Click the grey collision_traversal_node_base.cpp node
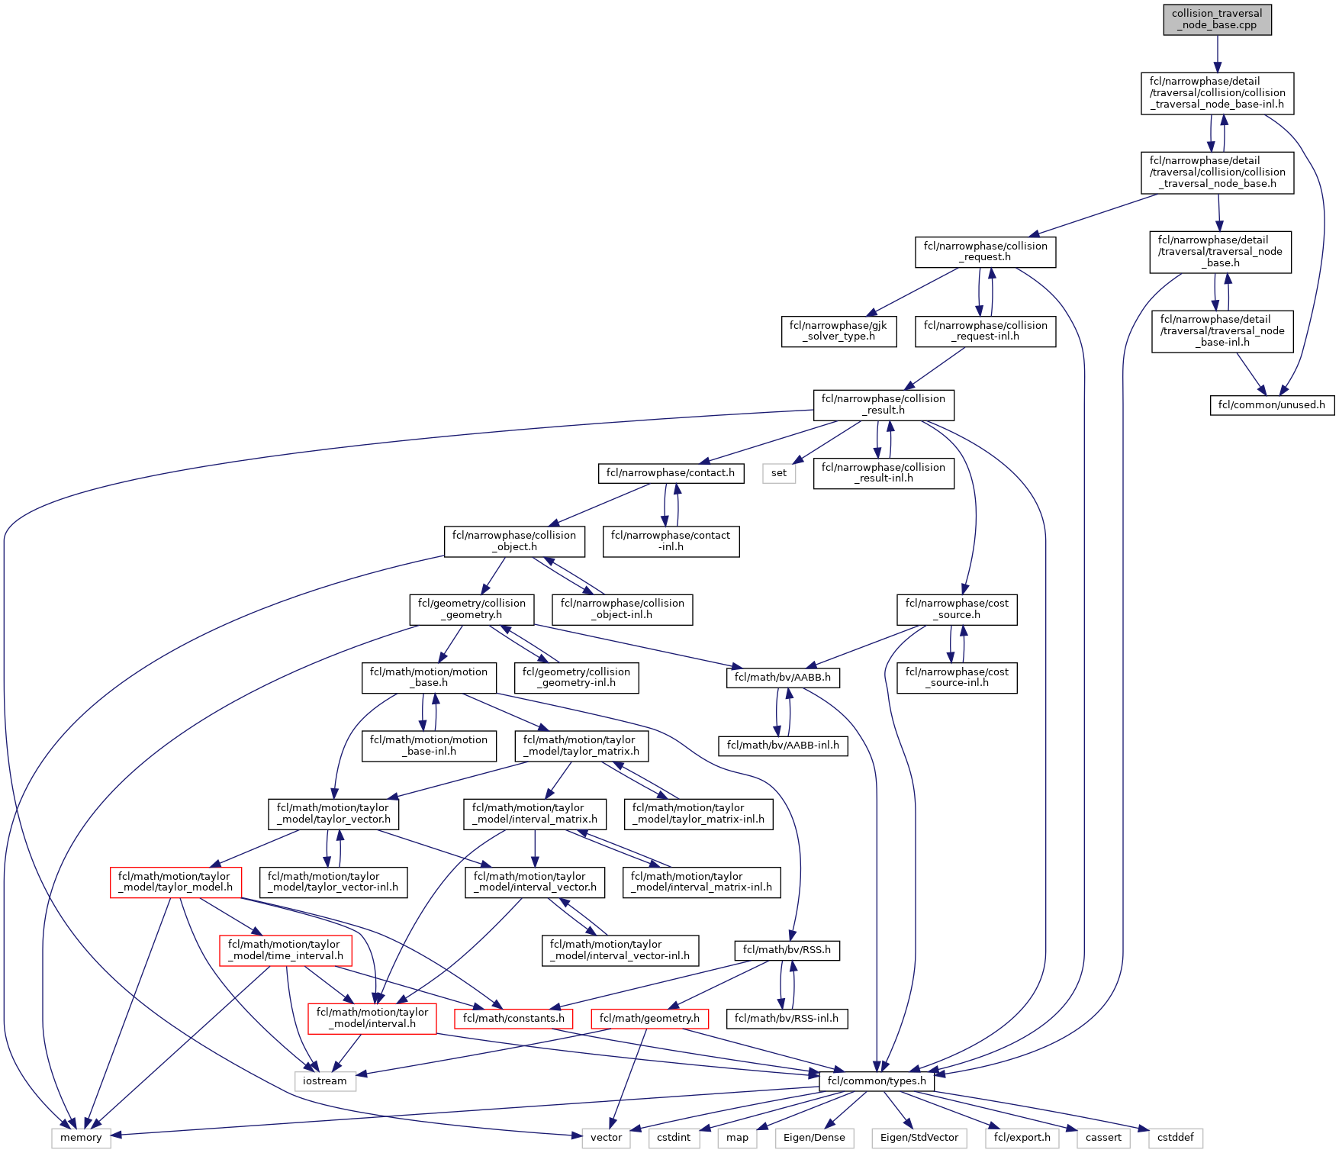(x=1217, y=19)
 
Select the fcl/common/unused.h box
(x=1271, y=404)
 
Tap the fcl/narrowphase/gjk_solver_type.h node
(x=838, y=331)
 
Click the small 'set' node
(x=778, y=473)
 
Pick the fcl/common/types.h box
(x=877, y=1081)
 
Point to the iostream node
(x=324, y=1081)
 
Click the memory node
(x=81, y=1138)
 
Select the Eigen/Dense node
(x=814, y=1138)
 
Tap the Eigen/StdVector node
(x=919, y=1138)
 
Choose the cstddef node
(x=1175, y=1138)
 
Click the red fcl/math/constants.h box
(x=513, y=1018)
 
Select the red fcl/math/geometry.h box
(x=649, y=1018)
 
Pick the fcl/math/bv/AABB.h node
(x=783, y=677)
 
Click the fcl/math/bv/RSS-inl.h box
(x=786, y=1018)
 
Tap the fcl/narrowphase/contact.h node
(x=670, y=473)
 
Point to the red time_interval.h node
(x=285, y=950)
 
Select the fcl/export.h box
(x=1022, y=1138)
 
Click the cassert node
(x=1103, y=1138)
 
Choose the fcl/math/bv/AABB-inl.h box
(x=783, y=746)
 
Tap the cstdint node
(x=674, y=1138)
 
